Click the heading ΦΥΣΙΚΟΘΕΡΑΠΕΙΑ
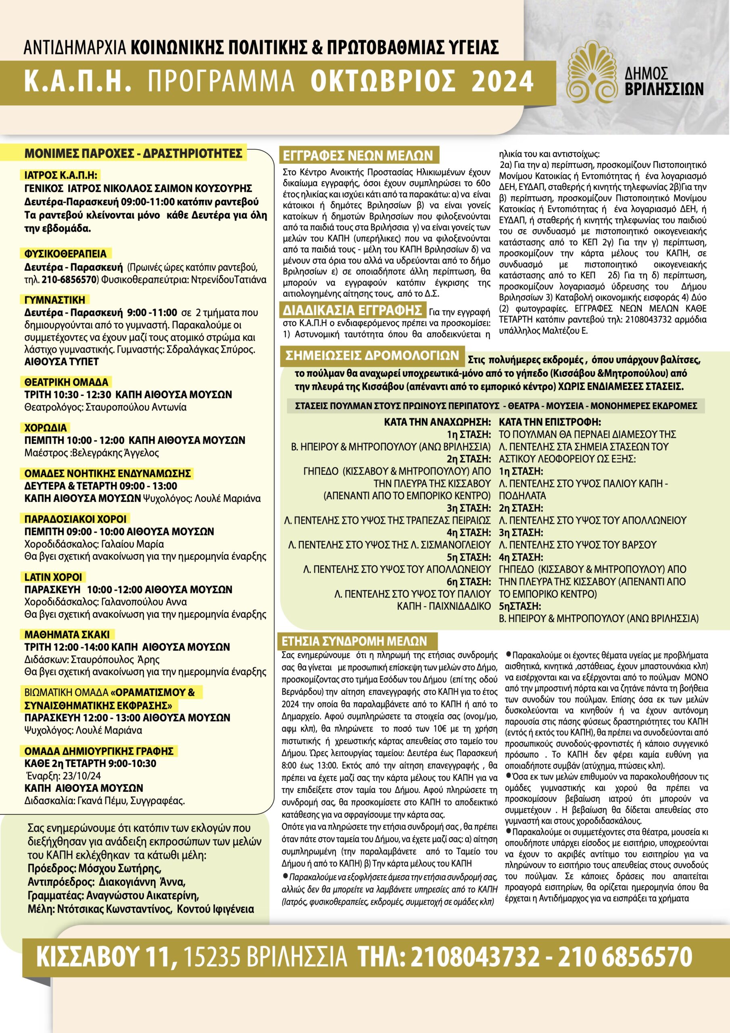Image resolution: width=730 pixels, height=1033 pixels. [x=66, y=254]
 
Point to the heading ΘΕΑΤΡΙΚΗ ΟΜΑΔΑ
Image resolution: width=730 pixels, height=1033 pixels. [x=66, y=382]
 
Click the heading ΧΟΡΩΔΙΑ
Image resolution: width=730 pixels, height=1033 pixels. [x=46, y=427]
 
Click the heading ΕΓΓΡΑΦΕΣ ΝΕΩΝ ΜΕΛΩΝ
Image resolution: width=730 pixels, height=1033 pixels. [x=358, y=156]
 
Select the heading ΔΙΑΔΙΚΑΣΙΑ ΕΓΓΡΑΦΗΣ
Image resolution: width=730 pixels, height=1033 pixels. [x=352, y=310]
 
